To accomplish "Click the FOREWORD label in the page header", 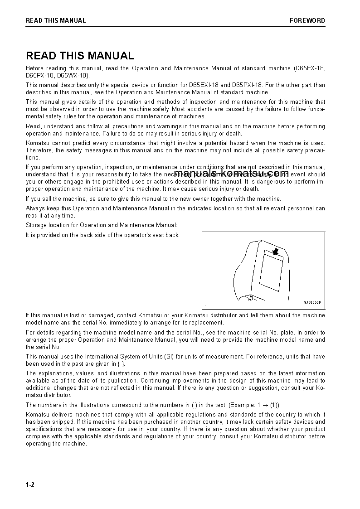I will (307, 20).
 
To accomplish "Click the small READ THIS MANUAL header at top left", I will (56, 20).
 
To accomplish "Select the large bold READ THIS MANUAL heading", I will (80, 56).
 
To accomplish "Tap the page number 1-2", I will (30, 485).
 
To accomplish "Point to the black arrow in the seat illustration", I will (275, 251).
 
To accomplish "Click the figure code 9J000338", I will (312, 302).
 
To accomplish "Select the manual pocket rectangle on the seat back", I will (271, 275).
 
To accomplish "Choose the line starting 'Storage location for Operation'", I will (102, 225).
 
